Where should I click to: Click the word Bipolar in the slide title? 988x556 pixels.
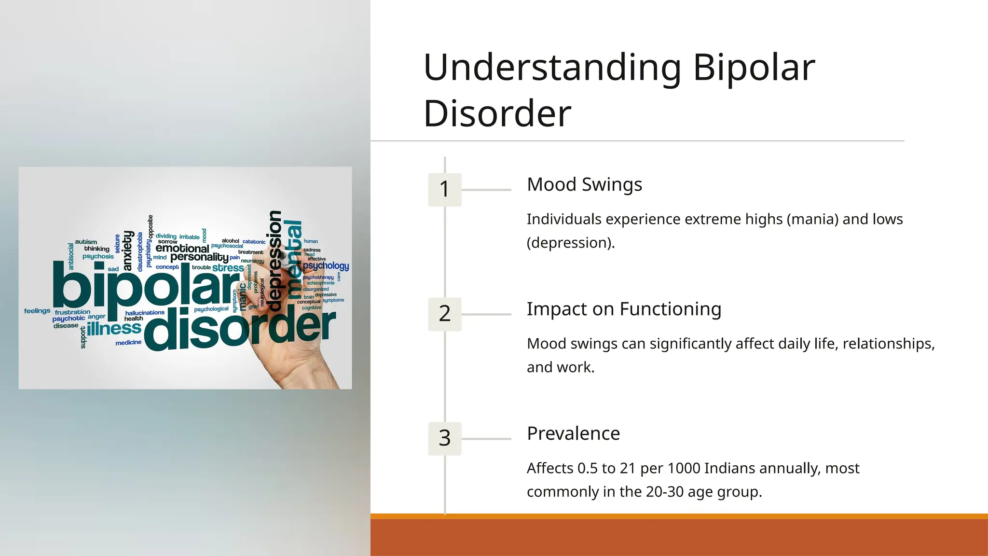754,68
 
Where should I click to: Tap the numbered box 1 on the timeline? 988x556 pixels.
445,189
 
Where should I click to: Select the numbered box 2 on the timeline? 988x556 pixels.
445,314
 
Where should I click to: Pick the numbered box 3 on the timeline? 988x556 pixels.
445,438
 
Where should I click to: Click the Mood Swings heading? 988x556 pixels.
584,185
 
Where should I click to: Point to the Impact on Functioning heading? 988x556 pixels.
624,309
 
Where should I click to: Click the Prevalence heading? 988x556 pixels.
573,434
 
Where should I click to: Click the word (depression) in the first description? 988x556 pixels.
570,243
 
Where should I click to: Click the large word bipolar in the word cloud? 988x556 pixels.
145,289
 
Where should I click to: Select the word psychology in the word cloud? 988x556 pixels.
326,266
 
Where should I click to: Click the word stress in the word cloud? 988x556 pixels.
228,268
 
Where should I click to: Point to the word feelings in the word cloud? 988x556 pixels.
37,311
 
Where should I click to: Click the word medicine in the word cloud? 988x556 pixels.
128,343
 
